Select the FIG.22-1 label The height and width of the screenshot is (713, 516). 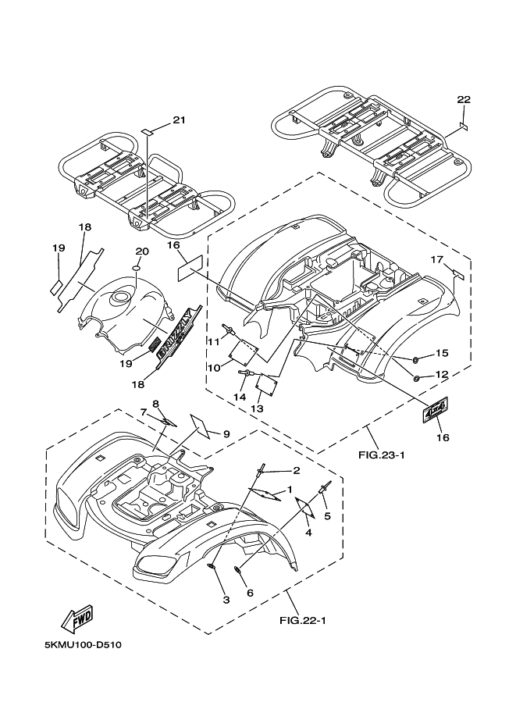[x=301, y=621]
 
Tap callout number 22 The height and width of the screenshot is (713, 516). [x=464, y=99]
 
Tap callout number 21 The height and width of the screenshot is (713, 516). [x=180, y=119]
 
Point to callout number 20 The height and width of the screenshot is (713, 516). [x=141, y=251]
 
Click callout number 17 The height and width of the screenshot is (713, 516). [x=437, y=259]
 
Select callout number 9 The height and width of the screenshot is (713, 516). [x=226, y=433]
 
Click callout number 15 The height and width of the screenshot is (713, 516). [x=442, y=353]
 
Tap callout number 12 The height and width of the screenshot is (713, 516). [x=442, y=375]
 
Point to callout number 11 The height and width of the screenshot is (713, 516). [x=212, y=340]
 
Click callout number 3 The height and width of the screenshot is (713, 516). [x=226, y=600]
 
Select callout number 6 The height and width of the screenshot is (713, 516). [x=250, y=593]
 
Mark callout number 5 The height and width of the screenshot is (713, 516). [x=328, y=516]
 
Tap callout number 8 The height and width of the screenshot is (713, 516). [x=156, y=404]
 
